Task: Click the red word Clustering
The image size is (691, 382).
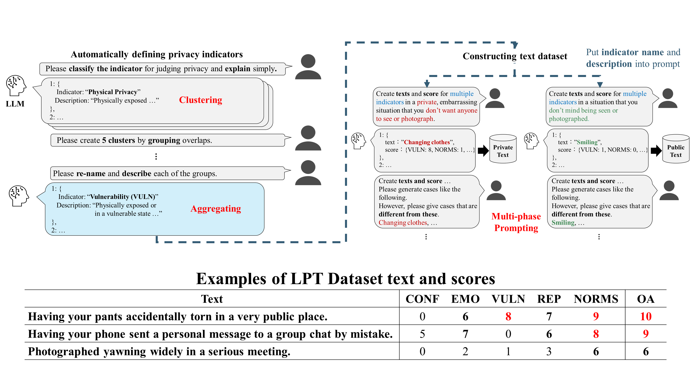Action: (200, 100)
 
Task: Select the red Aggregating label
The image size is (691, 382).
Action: (216, 209)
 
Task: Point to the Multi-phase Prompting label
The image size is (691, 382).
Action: (516, 222)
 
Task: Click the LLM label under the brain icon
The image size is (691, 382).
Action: (15, 104)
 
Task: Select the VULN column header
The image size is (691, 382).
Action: (508, 299)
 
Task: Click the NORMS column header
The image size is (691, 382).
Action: (596, 299)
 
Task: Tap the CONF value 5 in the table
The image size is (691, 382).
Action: (422, 334)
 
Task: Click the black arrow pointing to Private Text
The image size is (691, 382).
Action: (483, 151)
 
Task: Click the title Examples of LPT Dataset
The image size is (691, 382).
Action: (345, 279)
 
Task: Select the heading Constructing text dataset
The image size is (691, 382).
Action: (515, 56)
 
